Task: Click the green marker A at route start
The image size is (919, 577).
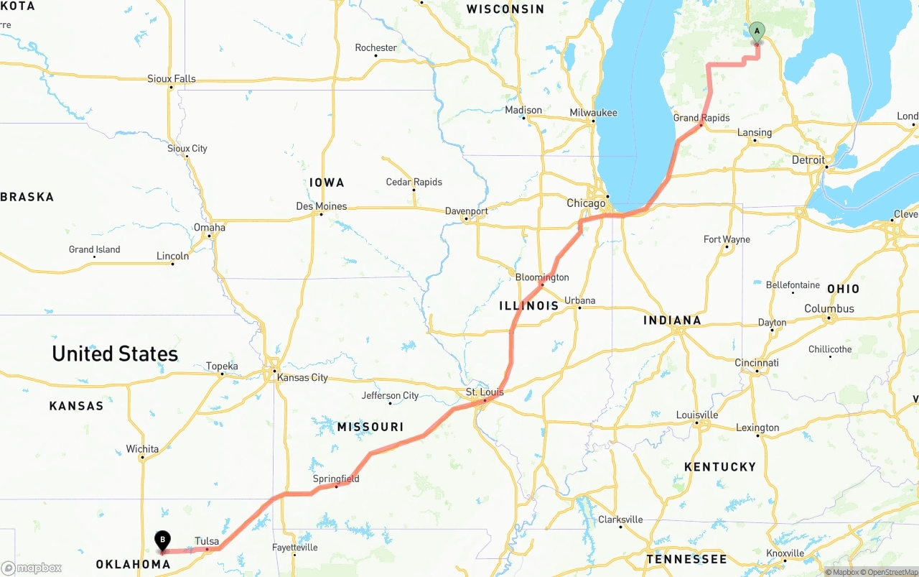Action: [x=757, y=31]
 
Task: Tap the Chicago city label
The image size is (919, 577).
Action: [x=586, y=203]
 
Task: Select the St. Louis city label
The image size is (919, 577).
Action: [x=485, y=392]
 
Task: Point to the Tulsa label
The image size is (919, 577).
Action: [x=207, y=541]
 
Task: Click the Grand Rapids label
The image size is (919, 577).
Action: [x=701, y=118]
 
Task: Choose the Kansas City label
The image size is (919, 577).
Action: [x=302, y=377]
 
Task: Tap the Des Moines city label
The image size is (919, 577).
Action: [x=321, y=206]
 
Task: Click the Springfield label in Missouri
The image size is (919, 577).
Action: [x=335, y=479]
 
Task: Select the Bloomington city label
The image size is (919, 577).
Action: [x=542, y=277]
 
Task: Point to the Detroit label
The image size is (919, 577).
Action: [x=808, y=160]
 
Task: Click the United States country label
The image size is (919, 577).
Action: [x=115, y=354]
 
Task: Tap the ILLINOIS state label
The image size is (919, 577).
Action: [x=528, y=306]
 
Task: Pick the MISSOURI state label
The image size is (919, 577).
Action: [x=370, y=428]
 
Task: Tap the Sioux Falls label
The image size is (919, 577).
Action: [x=171, y=79]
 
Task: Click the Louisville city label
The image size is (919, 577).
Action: [x=696, y=415]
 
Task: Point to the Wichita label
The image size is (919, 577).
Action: [x=142, y=449]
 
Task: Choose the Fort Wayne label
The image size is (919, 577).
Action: [x=727, y=239]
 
